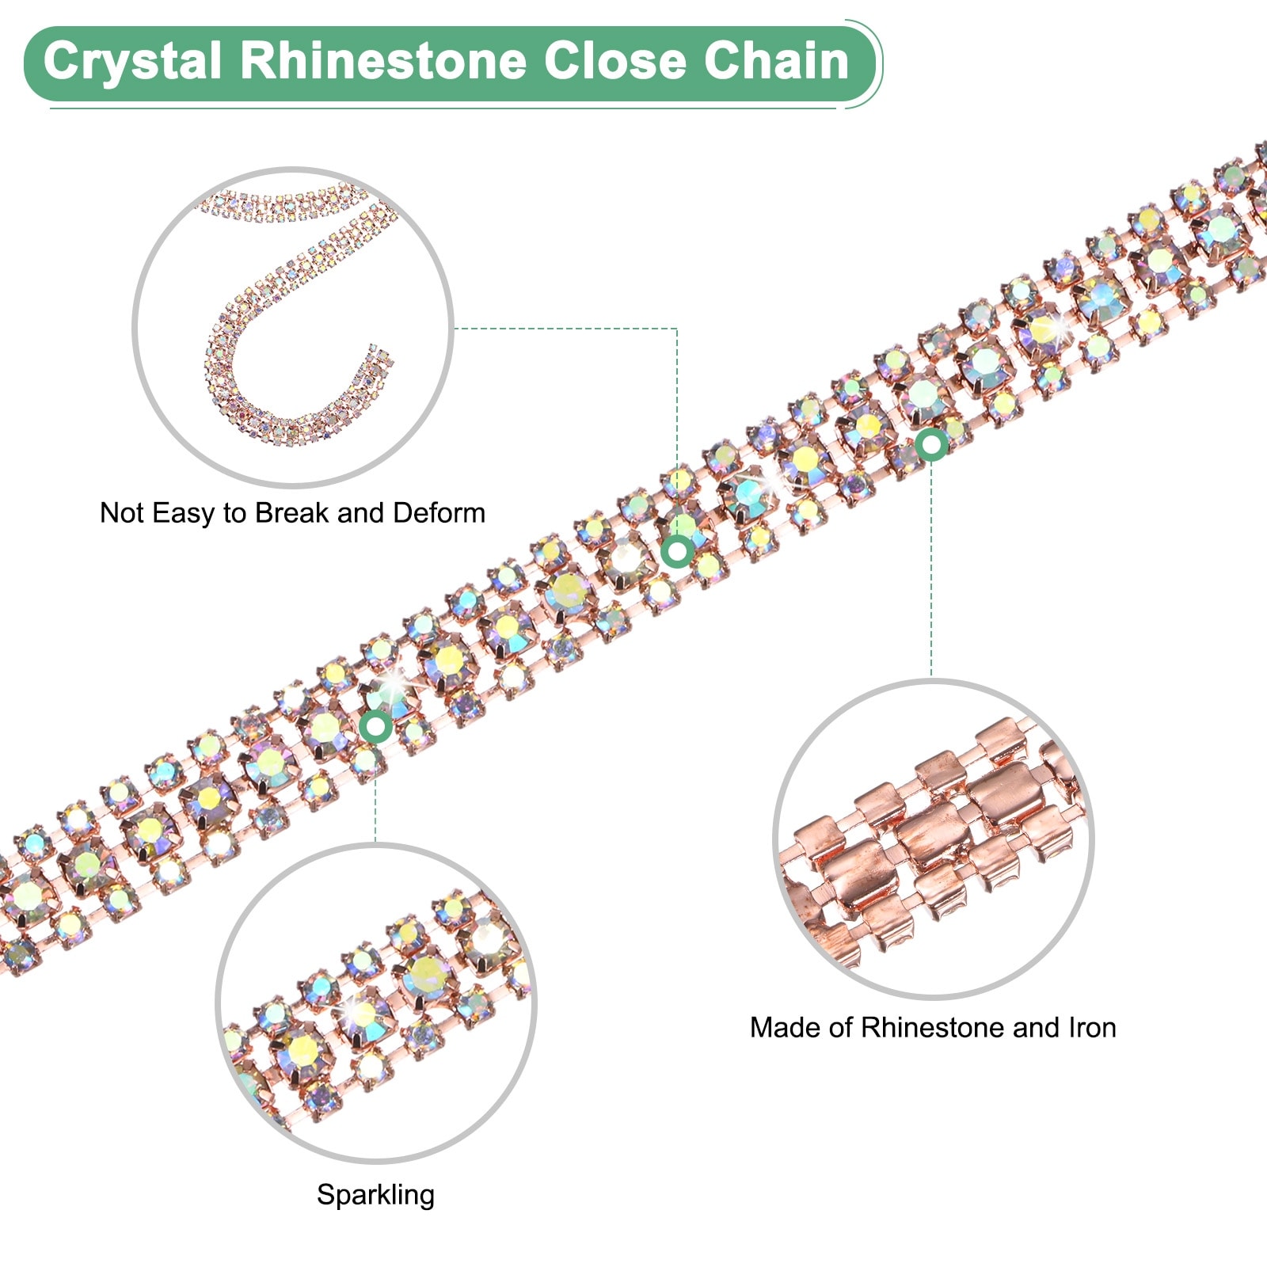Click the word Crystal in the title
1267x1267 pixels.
132,62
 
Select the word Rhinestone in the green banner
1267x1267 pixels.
384,62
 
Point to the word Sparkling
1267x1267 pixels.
375,1195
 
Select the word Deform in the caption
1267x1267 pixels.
439,513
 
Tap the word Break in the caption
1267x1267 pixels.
292,513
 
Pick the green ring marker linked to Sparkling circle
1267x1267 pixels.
375,726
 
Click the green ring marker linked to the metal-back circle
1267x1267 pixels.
931,445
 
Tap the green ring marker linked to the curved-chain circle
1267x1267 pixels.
678,550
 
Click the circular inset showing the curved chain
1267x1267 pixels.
293,326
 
